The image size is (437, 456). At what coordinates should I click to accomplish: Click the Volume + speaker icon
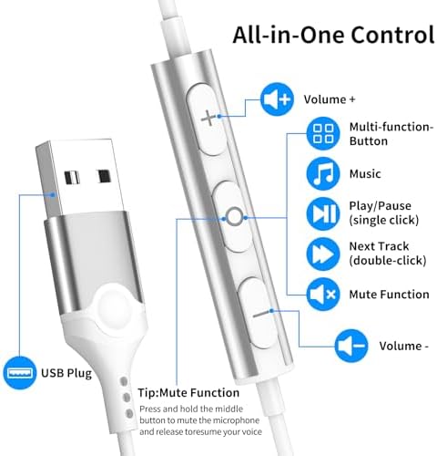coord(277,99)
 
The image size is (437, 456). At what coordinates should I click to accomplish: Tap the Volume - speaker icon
coord(351,346)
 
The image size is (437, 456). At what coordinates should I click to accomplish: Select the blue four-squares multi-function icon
coord(323,133)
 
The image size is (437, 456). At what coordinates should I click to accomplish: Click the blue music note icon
coord(323,174)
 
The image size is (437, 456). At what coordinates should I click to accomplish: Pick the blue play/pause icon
coord(323,213)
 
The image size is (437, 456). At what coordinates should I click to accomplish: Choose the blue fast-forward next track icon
coord(323,254)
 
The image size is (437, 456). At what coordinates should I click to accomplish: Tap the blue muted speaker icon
coord(323,294)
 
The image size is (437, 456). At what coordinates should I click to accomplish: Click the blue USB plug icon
coord(20,373)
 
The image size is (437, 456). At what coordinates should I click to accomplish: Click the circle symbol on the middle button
coord(235,217)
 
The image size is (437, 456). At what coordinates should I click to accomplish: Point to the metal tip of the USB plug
coord(80,178)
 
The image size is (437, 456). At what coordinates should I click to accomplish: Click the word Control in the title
coord(393,35)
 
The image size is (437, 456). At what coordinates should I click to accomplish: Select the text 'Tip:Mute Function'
coord(188,393)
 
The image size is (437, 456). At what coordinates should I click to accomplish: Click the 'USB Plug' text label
coord(66,373)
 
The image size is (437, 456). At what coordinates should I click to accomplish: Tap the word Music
coord(365,174)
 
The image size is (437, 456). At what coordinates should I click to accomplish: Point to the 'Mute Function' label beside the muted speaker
coord(389,295)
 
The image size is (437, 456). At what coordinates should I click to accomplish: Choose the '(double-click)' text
coord(388,261)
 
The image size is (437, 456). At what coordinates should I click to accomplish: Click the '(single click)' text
coord(384,220)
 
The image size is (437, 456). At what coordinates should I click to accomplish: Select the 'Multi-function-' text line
coord(391,127)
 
